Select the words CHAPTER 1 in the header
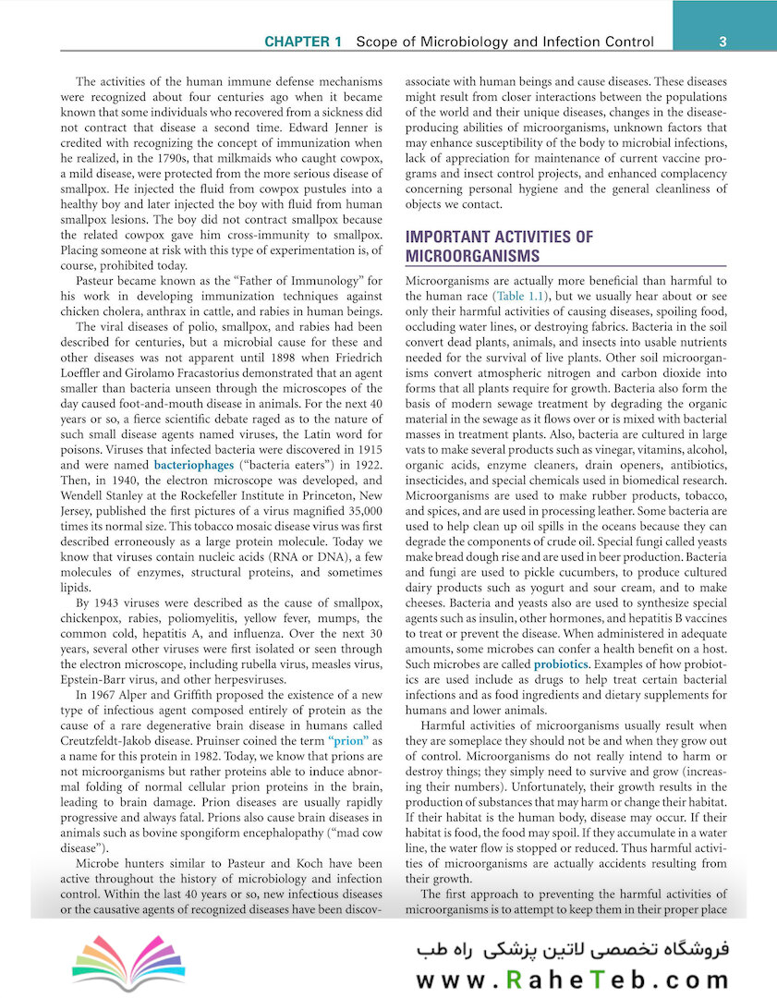coord(303,43)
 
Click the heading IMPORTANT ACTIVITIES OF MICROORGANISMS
coord(500,246)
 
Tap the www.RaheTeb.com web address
coord(572,980)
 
